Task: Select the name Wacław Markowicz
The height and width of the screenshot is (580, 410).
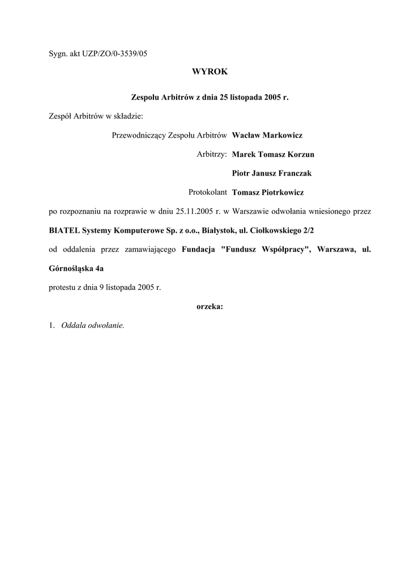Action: (267, 135)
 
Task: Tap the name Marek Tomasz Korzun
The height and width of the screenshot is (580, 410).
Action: (273, 154)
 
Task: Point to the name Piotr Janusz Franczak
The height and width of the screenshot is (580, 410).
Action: (272, 173)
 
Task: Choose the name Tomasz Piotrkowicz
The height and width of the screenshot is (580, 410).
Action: (268, 193)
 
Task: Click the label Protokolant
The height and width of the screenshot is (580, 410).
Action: (208, 193)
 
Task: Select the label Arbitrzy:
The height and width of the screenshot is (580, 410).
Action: (212, 154)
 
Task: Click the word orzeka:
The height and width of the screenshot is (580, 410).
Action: (210, 306)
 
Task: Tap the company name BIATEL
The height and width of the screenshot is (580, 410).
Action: (64, 231)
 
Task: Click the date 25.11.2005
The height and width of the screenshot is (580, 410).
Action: (194, 212)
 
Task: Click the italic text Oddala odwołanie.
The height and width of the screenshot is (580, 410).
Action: (92, 326)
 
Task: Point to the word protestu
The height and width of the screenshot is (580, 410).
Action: (62, 287)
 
